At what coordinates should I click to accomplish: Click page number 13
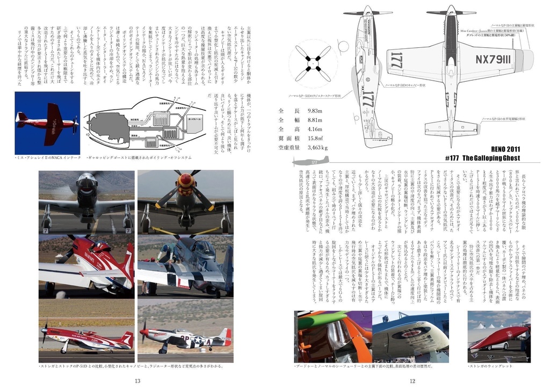137,381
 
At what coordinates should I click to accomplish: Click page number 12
412,381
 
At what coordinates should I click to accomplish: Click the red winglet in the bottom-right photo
496,337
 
